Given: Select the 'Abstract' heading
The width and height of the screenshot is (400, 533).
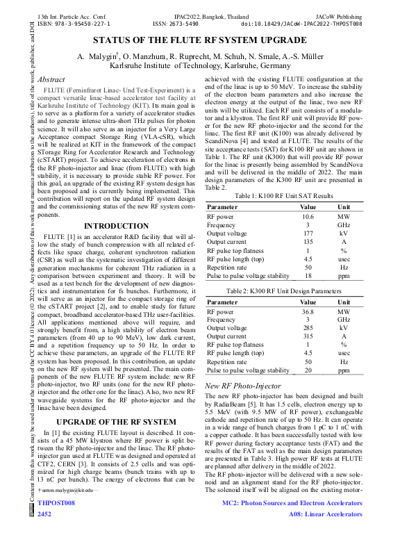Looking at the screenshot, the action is coord(53,81).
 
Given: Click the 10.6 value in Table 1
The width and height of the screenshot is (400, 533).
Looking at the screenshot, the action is coord(307,217).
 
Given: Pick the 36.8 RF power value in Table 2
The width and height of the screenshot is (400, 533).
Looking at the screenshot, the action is coord(307,312).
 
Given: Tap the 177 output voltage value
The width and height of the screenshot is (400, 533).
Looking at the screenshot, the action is coord(307,233).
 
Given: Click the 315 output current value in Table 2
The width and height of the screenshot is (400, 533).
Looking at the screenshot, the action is coord(307,337).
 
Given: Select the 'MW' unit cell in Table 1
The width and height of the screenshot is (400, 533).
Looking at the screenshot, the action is coord(344,217).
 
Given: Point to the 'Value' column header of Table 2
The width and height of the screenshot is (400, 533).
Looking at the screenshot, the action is coord(307,302).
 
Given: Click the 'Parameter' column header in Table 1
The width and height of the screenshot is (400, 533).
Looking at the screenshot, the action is coord(222,207).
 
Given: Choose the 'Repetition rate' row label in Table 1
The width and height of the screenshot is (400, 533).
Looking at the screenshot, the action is coord(227,267).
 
